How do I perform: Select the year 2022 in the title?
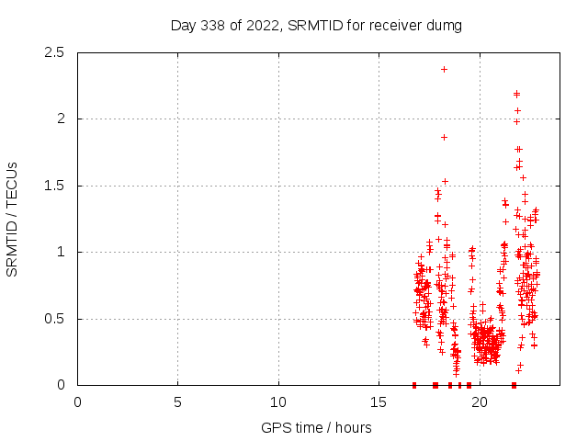pos(261,26)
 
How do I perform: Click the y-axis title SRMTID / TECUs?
pos(13,219)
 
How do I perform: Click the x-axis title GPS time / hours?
pos(316,427)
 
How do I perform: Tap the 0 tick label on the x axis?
pos(77,401)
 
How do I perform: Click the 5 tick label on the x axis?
pos(177,401)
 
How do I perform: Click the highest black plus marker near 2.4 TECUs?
pos(444,69)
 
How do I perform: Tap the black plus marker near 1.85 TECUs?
pos(444,137)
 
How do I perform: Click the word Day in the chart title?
pos(183,26)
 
